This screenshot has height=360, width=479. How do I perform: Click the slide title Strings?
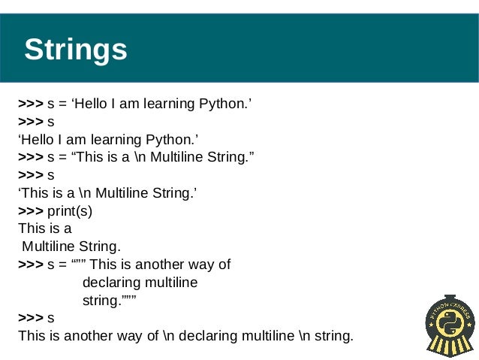(76, 50)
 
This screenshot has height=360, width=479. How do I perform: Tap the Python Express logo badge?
(450, 326)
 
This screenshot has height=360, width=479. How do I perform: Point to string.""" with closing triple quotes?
(108, 300)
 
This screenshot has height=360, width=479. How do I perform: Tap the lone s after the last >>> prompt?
(50, 318)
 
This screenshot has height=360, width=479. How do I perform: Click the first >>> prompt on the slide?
(31, 104)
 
